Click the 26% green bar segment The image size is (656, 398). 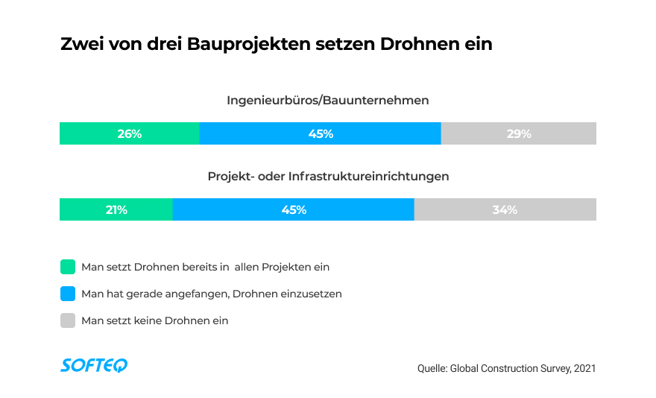pos(129,133)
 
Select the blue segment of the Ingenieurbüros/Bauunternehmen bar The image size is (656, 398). pos(320,133)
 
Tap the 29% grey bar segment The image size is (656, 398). pos(519,133)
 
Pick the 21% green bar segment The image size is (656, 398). pos(116,209)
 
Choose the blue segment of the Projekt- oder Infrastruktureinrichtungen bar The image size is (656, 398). pos(293,209)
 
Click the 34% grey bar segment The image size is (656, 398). pos(505,209)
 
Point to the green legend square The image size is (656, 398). pos(68,267)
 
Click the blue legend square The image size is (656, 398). pos(68,294)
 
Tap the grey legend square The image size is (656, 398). pos(68,320)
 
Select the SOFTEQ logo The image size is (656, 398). pos(94,364)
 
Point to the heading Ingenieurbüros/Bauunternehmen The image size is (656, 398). pos(327,100)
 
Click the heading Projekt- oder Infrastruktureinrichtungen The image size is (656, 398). pos(327,177)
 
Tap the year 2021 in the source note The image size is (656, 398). pos(584,368)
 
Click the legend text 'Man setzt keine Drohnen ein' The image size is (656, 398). pos(154,320)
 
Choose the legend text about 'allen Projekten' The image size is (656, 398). pos(205,267)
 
